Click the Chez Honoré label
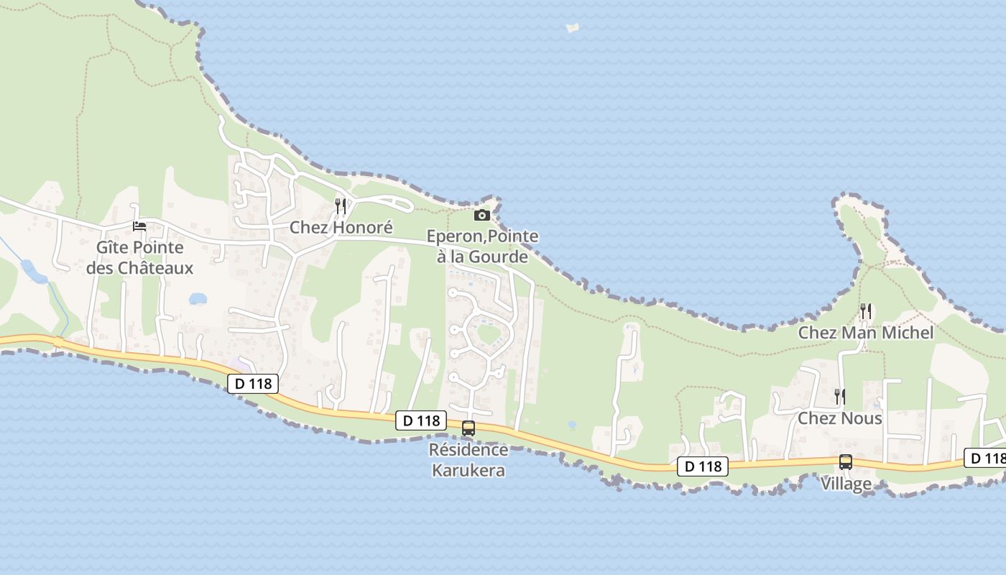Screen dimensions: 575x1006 (341, 228)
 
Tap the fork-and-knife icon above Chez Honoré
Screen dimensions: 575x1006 (341, 206)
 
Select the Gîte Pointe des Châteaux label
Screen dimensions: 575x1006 (139, 257)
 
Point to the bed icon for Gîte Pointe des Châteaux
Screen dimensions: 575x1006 (139, 226)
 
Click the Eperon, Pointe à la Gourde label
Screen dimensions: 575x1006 (482, 246)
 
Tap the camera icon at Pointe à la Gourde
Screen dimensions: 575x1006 (482, 215)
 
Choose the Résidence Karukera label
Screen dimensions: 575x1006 (468, 460)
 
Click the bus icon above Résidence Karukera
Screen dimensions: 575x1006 (469, 428)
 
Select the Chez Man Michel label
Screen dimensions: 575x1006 (866, 333)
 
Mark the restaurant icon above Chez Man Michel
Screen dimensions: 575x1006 (866, 311)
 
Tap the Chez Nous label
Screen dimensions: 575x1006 (840, 418)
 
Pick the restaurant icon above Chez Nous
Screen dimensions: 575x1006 (839, 396)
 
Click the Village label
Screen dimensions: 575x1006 (846, 484)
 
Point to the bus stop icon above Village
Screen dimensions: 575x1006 (846, 462)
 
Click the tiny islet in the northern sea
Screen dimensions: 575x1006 (573, 28)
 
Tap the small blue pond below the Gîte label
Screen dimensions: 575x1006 (197, 298)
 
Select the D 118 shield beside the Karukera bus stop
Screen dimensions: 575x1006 (420, 420)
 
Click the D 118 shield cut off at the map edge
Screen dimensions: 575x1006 (987, 458)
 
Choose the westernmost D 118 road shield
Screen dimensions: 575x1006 (253, 384)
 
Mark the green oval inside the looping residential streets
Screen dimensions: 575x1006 (489, 334)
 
